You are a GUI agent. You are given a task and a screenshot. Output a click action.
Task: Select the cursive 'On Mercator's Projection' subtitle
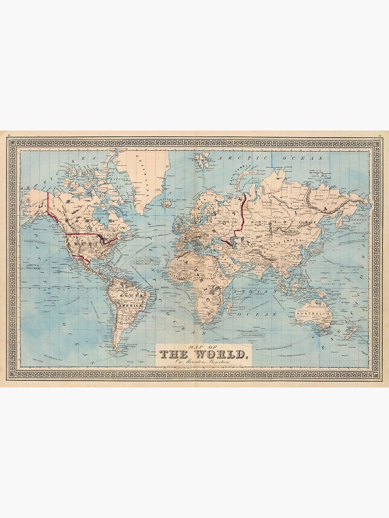[x=204, y=363]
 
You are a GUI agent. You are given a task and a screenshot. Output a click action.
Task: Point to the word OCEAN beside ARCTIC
[x=305, y=156]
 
